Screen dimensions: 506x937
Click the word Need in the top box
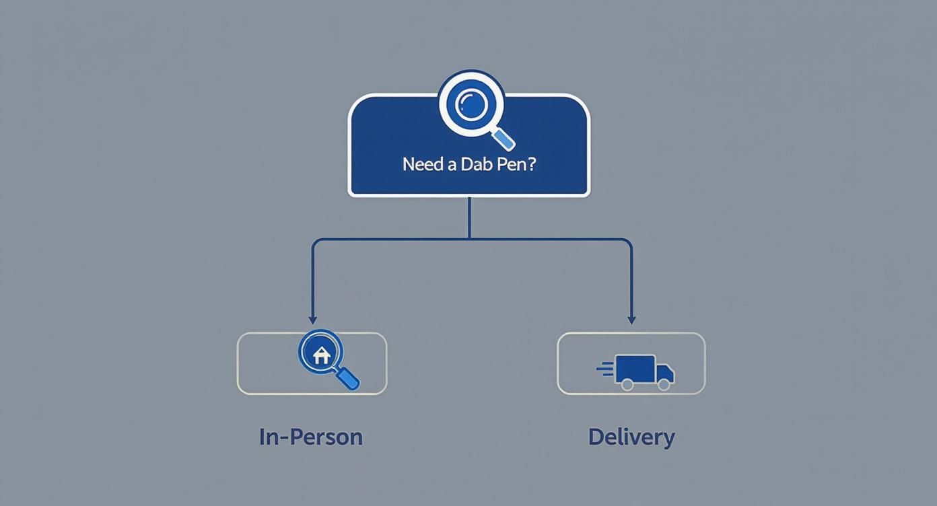pos(423,164)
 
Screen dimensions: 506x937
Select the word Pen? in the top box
pos(516,164)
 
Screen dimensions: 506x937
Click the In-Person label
pos(311,437)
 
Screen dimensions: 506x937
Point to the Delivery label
pos(631,437)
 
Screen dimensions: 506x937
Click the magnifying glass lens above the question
pos(471,104)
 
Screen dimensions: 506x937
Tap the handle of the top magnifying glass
pos(504,139)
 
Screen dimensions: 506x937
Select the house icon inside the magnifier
pos(321,355)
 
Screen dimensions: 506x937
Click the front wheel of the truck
pos(664,384)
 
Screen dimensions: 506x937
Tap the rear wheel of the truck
pos(627,384)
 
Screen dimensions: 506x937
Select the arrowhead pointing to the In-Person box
pos(312,320)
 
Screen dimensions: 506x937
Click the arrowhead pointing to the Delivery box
pos(631,320)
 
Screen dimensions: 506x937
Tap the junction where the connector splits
pos(469,239)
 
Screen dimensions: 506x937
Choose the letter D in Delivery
pos(596,437)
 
